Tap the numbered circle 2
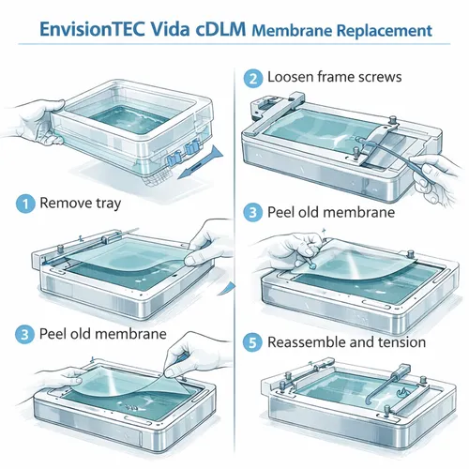coord(252,78)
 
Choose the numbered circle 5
coord(252,341)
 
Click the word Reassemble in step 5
coord(309,342)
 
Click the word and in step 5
coord(362,342)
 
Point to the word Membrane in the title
coord(294,30)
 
